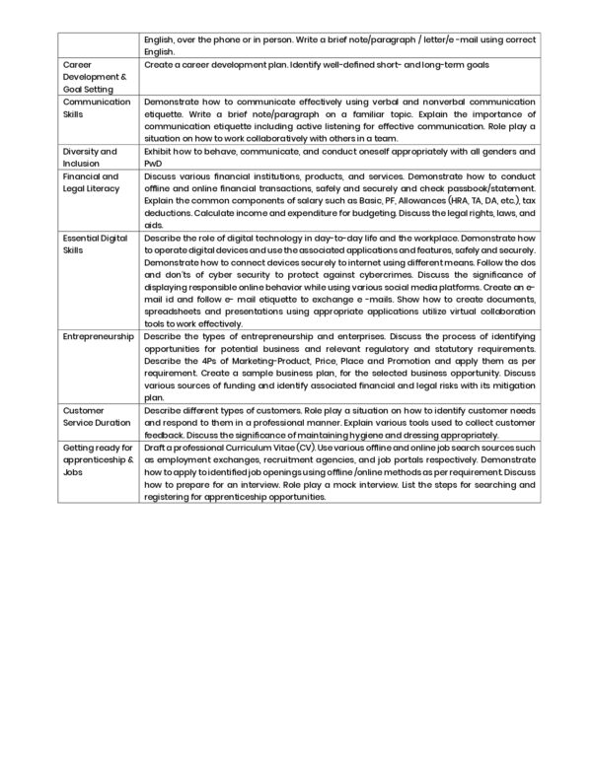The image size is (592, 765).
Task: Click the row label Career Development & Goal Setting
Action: click(95, 76)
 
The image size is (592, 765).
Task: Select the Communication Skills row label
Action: click(97, 107)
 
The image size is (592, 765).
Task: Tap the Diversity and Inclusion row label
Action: click(90, 158)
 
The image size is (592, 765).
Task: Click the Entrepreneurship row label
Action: click(98, 336)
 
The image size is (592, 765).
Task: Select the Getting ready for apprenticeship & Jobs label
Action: click(97, 459)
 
